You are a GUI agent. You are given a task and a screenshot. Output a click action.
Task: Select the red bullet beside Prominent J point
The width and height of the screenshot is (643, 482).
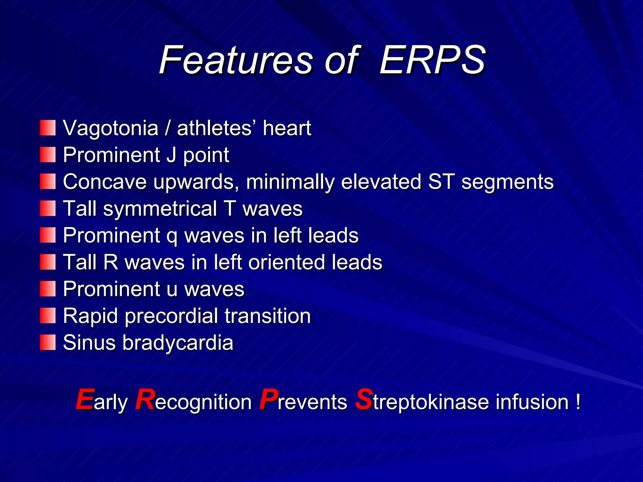[48, 155]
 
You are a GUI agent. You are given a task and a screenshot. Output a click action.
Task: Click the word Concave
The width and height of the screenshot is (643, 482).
[105, 182]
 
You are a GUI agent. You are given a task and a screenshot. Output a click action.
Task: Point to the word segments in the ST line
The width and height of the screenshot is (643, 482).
[507, 182]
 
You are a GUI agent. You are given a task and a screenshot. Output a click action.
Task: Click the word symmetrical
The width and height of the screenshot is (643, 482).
[160, 209]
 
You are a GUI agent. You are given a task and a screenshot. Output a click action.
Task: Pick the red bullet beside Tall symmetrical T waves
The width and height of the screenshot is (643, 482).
[48, 209]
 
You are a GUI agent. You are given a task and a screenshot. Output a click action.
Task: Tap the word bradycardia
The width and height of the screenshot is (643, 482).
[178, 343]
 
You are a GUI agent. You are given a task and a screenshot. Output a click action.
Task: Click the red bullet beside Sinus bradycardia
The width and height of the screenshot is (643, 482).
[48, 342]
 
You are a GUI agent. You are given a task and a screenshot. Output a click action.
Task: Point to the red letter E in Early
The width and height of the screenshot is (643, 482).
[85, 399]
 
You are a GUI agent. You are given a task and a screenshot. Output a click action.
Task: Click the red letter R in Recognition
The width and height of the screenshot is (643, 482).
[145, 399]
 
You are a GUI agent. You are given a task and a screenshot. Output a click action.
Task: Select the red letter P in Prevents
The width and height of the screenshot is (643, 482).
[268, 399]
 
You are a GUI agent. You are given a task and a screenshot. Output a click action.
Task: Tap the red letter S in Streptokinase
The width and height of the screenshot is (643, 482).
[364, 399]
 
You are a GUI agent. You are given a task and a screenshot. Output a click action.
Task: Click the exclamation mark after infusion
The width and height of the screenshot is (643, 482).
[578, 402]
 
